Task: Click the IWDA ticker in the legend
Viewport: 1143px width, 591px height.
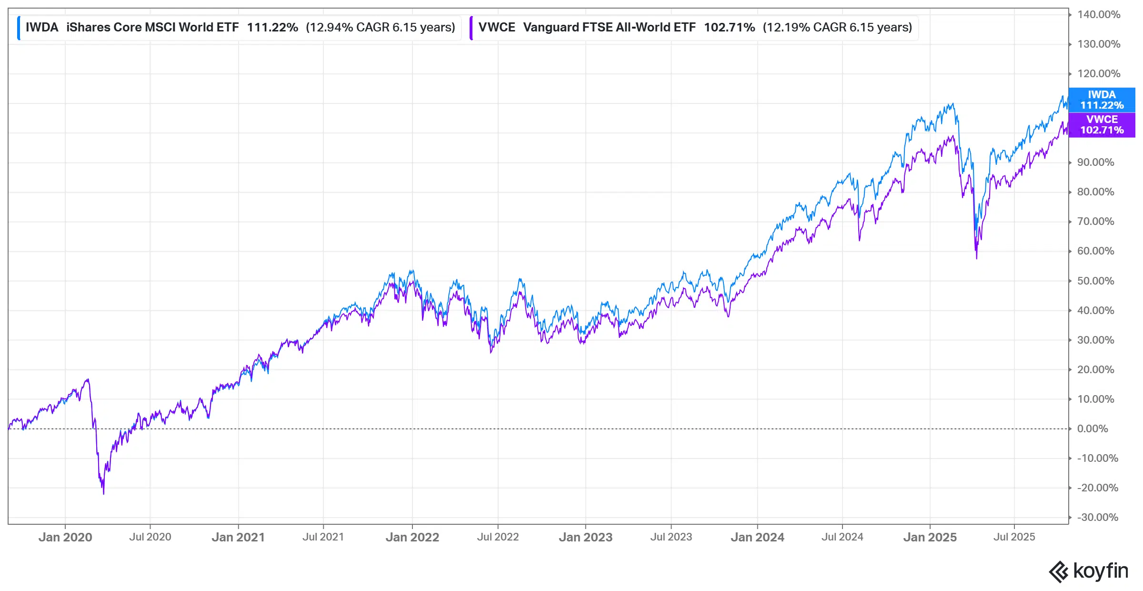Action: point(42,28)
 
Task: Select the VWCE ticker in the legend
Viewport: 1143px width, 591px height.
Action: point(496,28)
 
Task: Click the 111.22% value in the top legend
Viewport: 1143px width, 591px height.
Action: point(272,28)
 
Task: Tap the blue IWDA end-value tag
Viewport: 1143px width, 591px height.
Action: point(1102,100)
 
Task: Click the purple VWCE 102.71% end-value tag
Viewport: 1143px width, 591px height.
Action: point(1102,125)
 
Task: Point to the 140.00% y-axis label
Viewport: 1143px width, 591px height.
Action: point(1099,15)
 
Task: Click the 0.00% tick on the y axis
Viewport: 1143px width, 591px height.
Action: point(1092,429)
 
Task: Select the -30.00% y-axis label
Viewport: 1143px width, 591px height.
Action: point(1097,518)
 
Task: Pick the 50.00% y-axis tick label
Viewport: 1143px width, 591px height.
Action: point(1095,281)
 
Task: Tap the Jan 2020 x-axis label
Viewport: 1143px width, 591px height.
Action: point(65,538)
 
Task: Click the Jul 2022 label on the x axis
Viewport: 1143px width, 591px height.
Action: point(498,537)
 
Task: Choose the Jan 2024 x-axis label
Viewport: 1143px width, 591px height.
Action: point(757,538)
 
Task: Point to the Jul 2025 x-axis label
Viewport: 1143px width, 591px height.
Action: point(1014,537)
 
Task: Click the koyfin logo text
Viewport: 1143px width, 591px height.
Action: point(1101,571)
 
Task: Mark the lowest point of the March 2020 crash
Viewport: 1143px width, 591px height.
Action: point(103,493)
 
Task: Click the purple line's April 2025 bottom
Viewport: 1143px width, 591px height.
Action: point(976,258)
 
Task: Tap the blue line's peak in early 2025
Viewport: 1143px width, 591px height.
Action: point(952,103)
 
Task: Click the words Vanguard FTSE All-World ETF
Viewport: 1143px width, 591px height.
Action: point(609,28)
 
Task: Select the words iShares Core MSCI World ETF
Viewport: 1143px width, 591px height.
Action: point(152,28)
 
